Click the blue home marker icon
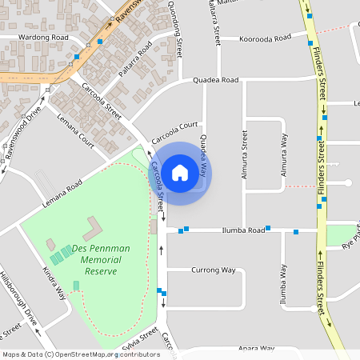pyautogui.click(x=180, y=171)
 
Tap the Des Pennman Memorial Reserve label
pyautogui.click(x=101, y=260)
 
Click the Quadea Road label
pyautogui.click(x=216, y=80)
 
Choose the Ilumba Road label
pyautogui.click(x=243, y=230)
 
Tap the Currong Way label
pyautogui.click(x=214, y=270)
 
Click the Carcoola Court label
pyautogui.click(x=174, y=126)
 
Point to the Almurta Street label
pyautogui.click(x=243, y=152)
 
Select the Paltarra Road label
pyautogui.click(x=134, y=63)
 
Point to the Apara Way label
pyautogui.click(x=256, y=349)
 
